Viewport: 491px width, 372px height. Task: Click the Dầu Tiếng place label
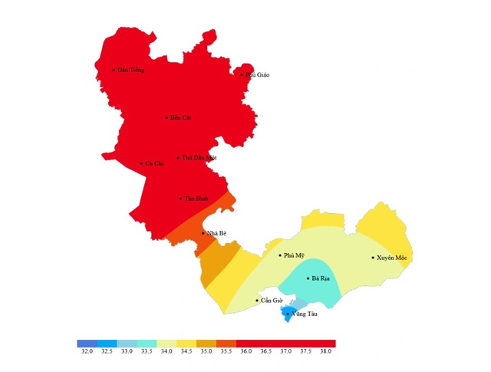130,70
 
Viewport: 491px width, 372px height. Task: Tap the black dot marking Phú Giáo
242,74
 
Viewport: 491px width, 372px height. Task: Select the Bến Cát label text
180,117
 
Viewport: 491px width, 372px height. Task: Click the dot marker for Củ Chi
141,163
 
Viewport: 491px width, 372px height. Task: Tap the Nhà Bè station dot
203,233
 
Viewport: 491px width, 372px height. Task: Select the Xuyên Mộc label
391,258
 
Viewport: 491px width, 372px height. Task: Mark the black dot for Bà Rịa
308,278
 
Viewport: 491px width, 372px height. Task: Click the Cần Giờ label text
272,301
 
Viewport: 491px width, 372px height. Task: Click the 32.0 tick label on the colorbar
87,351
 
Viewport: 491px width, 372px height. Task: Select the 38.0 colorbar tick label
326,351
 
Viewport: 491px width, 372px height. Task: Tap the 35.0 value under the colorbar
206,351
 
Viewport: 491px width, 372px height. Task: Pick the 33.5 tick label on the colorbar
147,351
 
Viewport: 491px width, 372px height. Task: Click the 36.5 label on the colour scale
266,351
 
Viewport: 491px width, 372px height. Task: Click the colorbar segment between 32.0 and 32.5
87,344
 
